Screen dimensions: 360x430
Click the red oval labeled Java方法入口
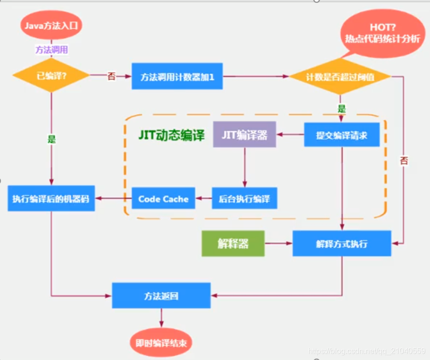51,25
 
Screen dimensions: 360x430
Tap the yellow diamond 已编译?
50,76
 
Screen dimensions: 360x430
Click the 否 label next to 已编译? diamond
111,76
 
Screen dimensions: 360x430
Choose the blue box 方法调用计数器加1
177,76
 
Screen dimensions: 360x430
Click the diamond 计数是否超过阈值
341,76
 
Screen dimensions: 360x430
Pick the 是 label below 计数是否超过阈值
342,109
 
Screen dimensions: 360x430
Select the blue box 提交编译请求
342,135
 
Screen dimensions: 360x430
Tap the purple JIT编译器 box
245,135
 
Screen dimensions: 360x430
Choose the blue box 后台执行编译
245,199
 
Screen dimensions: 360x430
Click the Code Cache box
163,199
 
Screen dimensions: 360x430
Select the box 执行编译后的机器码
51,199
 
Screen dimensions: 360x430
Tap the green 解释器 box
233,243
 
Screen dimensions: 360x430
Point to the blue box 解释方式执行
342,243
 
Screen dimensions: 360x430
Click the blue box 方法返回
161,295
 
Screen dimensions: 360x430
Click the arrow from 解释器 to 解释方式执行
279,243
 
